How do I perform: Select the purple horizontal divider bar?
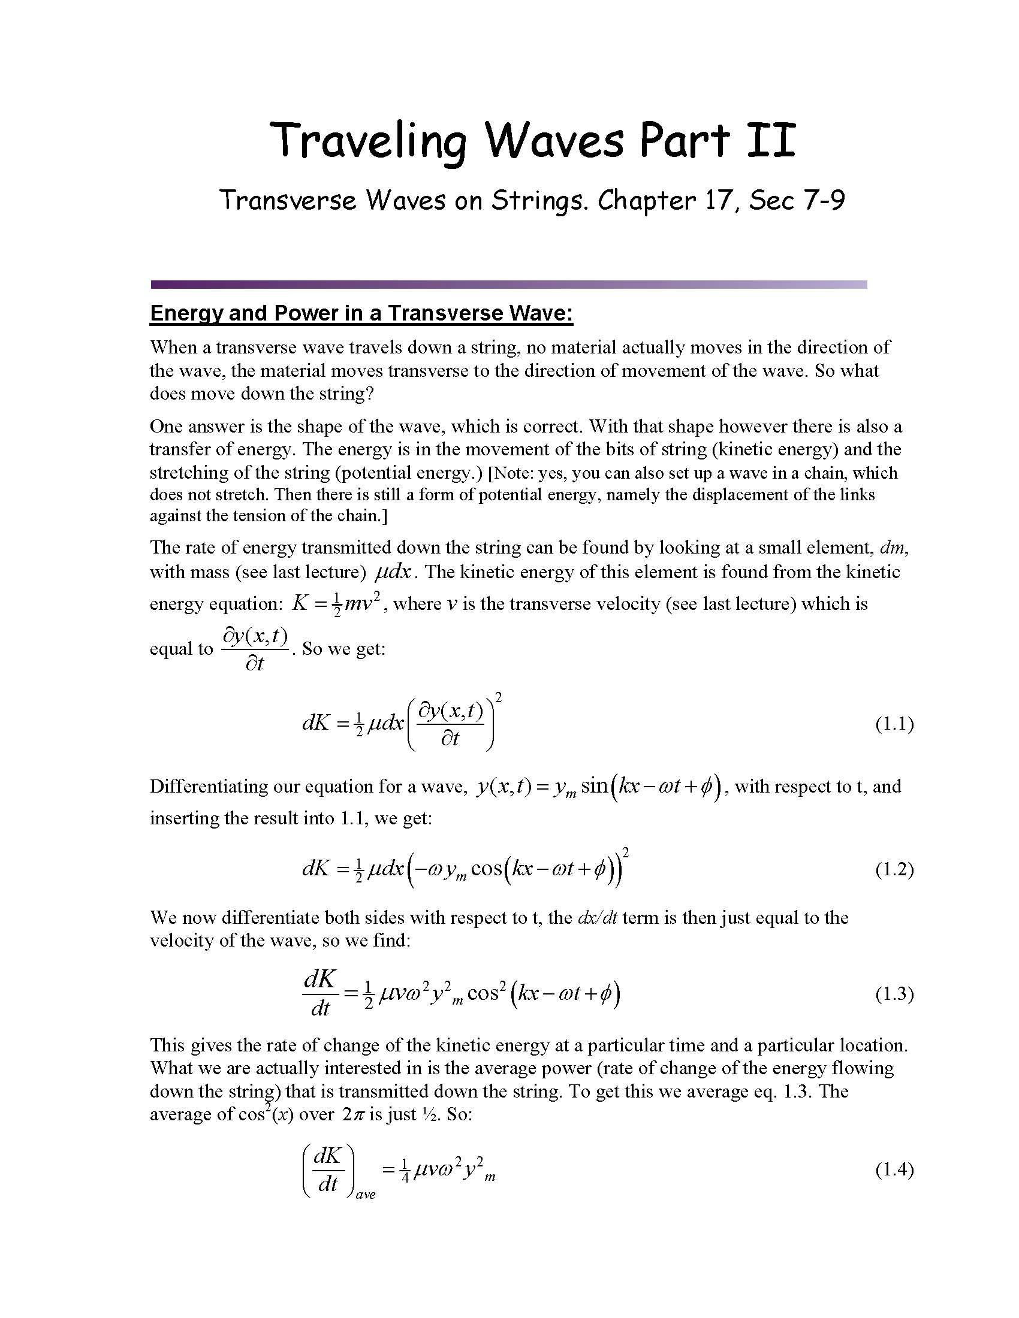[508, 284]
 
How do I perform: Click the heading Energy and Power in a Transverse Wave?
[361, 313]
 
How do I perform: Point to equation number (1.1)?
[894, 724]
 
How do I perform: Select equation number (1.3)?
[894, 994]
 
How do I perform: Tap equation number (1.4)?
[894, 1170]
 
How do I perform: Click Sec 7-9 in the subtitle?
[797, 200]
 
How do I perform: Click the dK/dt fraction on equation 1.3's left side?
[321, 994]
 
